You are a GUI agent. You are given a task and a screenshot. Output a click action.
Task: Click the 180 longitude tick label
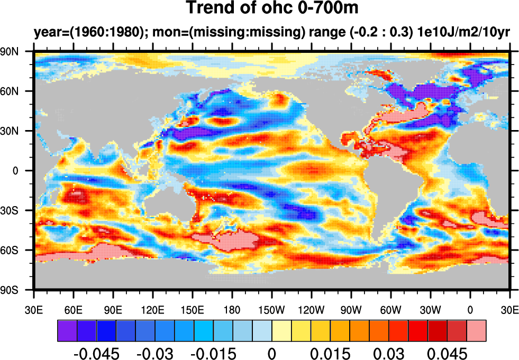(x=232, y=310)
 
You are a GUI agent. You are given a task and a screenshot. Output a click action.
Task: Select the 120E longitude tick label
(x=153, y=310)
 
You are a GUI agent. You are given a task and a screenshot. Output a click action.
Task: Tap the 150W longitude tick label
(x=271, y=310)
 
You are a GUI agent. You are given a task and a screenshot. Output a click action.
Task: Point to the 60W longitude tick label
(x=390, y=310)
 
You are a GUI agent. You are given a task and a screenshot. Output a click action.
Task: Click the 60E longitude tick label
(x=74, y=310)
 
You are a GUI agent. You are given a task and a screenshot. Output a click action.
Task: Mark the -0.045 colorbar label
(x=96, y=353)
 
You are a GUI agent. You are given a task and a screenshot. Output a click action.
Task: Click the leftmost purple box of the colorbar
(x=67, y=330)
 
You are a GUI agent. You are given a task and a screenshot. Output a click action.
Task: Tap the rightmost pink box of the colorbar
(x=476, y=330)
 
